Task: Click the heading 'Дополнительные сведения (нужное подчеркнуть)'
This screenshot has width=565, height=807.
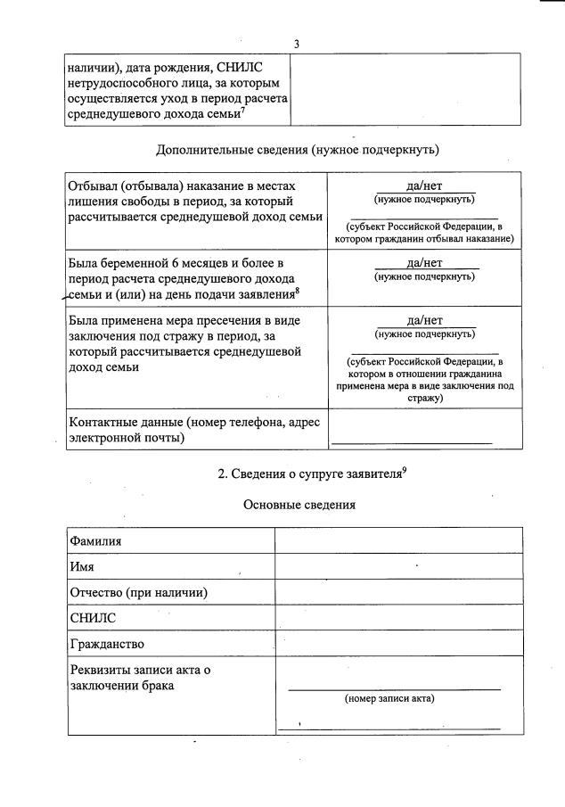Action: pyautogui.click(x=297, y=149)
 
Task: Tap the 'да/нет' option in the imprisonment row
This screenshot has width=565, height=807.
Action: pyautogui.click(x=424, y=186)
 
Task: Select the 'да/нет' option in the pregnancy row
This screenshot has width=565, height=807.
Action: pyautogui.click(x=424, y=263)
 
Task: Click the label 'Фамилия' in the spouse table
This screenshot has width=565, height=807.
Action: pyautogui.click(x=95, y=540)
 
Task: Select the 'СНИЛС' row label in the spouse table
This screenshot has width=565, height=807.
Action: pyautogui.click(x=93, y=618)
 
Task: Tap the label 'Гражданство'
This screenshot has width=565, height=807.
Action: pyautogui.click(x=107, y=644)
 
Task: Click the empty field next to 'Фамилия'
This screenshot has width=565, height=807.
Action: pyautogui.click(x=397, y=540)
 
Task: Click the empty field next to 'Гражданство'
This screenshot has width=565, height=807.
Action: pyautogui.click(x=397, y=644)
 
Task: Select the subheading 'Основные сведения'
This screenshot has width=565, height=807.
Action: pyautogui.click(x=299, y=505)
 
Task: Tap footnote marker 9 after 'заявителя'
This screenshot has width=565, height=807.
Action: pyautogui.click(x=405, y=470)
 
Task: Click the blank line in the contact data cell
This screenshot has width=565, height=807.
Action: pyautogui.click(x=411, y=442)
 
